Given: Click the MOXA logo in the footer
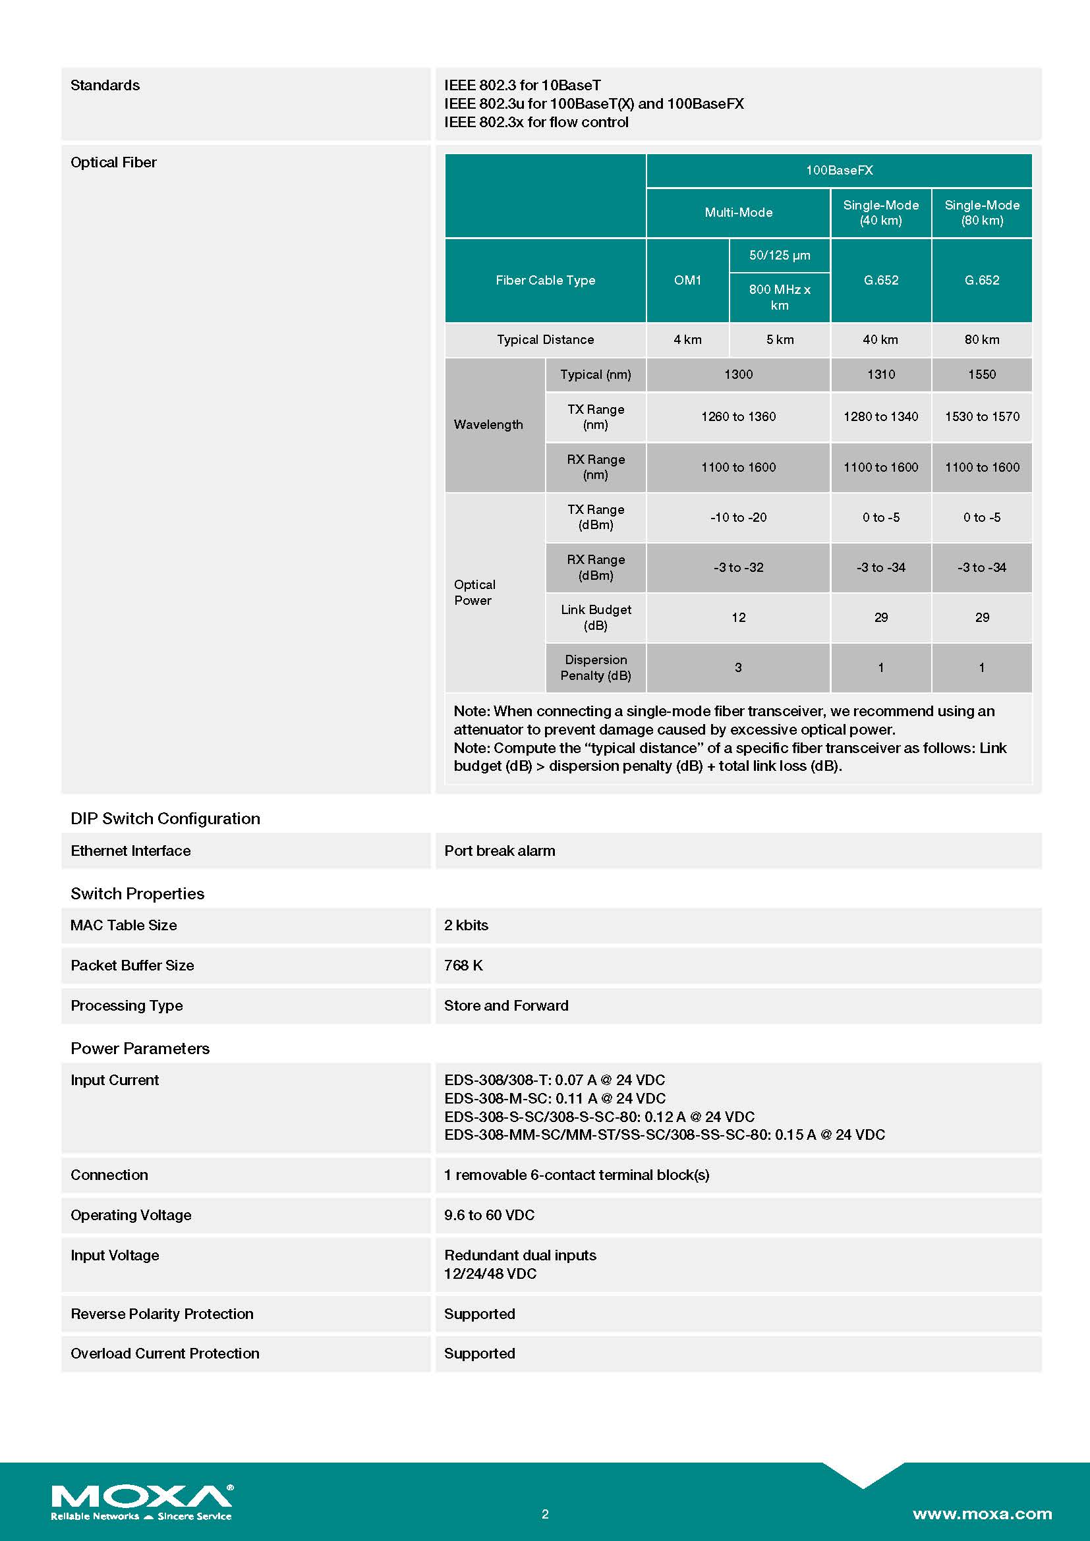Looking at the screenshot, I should coord(142,1501).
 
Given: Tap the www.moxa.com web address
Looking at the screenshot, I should coord(982,1513).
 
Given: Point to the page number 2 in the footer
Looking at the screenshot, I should coord(545,1513).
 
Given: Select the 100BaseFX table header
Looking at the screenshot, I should coord(839,171).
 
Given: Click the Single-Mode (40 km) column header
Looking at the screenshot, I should coord(880,213).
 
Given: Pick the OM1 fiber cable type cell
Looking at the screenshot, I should coord(687,281).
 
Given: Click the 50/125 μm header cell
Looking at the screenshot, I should coord(779,256).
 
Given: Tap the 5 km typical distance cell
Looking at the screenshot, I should coord(779,339).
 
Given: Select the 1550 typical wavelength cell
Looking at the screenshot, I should coord(981,374).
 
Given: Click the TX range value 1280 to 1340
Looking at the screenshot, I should coord(880,417).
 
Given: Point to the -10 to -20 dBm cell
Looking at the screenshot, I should coord(738,517).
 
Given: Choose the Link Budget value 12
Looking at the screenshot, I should coord(738,617).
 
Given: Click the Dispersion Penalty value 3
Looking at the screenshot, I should coord(738,668).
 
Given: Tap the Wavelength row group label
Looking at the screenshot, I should coord(488,425).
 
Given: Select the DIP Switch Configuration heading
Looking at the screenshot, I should coord(165,819).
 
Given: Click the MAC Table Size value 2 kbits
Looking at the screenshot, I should coord(466,926).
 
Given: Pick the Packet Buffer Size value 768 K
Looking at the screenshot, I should coord(463,966).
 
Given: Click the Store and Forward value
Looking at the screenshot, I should coord(506,1006).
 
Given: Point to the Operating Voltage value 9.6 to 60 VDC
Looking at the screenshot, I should coord(489,1216).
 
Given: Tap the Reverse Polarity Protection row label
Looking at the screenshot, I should coord(161,1314).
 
